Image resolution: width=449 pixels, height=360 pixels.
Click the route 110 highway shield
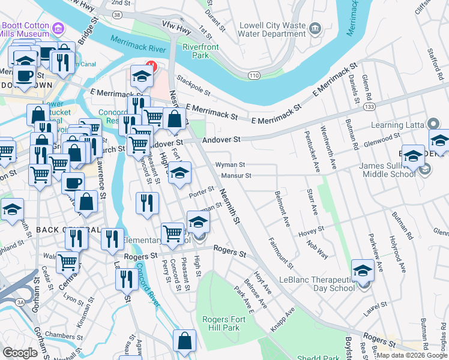click(x=254, y=74)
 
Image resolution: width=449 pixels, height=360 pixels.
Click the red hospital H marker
click(x=151, y=67)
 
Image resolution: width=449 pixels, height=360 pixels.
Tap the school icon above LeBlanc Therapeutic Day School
click(x=363, y=271)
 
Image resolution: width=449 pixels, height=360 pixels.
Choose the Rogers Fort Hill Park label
click(x=221, y=323)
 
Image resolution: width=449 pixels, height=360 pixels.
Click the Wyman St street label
click(x=231, y=164)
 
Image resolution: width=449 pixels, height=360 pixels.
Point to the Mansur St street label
click(x=235, y=176)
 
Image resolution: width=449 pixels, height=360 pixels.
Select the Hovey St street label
click(x=312, y=229)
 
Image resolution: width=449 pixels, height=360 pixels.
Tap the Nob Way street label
click(x=318, y=247)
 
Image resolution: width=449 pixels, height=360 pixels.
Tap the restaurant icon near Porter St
click(x=147, y=203)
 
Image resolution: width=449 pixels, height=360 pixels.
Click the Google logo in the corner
click(x=20, y=353)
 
